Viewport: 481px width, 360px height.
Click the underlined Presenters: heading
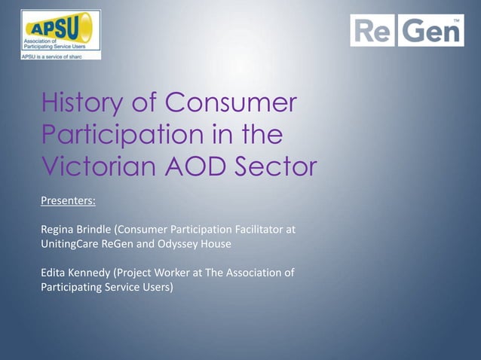click(68, 201)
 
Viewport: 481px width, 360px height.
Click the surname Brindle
click(97, 229)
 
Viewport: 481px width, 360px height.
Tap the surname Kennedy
click(90, 273)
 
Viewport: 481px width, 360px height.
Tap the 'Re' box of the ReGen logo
click(372, 31)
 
